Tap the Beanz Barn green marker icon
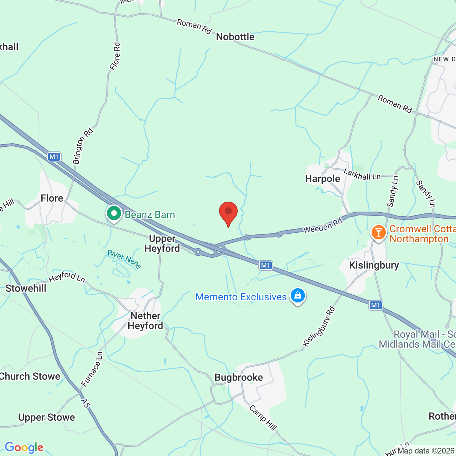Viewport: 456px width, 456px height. tap(114, 214)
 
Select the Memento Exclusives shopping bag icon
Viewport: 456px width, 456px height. tap(298, 296)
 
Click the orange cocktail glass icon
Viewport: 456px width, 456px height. tap(378, 233)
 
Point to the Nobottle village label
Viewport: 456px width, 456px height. tap(235, 37)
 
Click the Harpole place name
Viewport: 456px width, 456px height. tap(322, 178)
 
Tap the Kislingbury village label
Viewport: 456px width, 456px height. tap(374, 265)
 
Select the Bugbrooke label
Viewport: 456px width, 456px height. tap(239, 377)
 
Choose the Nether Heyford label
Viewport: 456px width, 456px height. tap(145, 321)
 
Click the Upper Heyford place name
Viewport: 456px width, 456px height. tap(162, 243)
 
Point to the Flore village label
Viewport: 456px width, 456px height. tap(52, 198)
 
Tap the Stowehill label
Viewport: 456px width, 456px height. tap(26, 288)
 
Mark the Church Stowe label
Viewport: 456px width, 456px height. tap(30, 376)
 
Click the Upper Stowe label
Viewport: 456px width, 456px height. tap(47, 417)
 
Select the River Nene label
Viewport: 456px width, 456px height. tap(124, 259)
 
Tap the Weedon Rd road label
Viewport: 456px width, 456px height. tap(323, 226)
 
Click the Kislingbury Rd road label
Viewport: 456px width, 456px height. tap(319, 326)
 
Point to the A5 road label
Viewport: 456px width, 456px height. tap(85, 403)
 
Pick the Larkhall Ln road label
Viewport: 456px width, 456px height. tap(362, 175)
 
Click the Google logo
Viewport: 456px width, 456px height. tap(24, 447)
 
